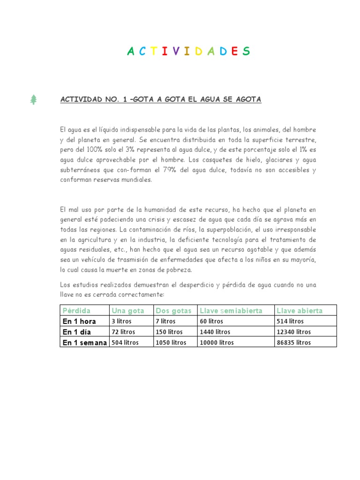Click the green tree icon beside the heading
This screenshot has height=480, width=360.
tap(33, 99)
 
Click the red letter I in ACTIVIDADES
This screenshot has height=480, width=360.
tap(164, 52)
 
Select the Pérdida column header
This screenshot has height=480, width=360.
tap(76, 310)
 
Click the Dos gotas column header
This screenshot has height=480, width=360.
tap(173, 310)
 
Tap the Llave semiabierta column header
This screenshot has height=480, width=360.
tap(231, 310)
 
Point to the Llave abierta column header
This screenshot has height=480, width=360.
tap(300, 310)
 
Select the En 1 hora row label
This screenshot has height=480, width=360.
tap(79, 322)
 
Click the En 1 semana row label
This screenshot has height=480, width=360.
tap(85, 343)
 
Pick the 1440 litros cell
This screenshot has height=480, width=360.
tap(214, 332)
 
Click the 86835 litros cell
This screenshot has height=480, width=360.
tap(294, 343)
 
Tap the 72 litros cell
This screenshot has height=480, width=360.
tap(123, 332)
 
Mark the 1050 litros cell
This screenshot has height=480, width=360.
tap(171, 343)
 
